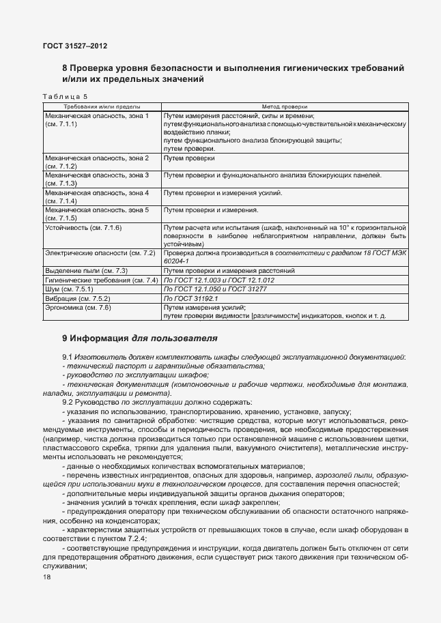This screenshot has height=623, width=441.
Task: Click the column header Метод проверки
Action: click(x=285, y=106)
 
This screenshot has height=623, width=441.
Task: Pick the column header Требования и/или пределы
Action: click(x=102, y=106)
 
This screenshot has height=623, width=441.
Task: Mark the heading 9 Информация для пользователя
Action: click(x=139, y=337)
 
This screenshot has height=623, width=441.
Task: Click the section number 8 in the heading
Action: click(x=65, y=68)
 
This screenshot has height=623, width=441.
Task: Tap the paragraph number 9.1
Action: click(x=67, y=358)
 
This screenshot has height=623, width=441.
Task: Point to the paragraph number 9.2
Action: click(x=67, y=403)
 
